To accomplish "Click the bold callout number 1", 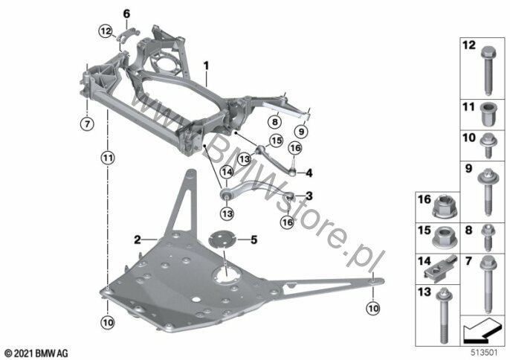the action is [x=206, y=65].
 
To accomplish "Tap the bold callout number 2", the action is [x=138, y=240].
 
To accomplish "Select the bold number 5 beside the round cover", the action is [x=254, y=240].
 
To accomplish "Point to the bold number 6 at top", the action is [x=126, y=13].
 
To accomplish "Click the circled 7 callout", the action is [x=87, y=124].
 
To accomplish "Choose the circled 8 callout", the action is [x=275, y=122].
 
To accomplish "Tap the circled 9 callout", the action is [x=301, y=132].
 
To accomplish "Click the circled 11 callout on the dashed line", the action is [x=108, y=158].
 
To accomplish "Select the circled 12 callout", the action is [x=106, y=31].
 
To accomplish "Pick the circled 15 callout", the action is [x=276, y=141].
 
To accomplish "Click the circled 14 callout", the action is [x=227, y=172].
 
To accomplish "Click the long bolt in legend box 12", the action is [x=488, y=71].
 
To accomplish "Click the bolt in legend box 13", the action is [x=444, y=315].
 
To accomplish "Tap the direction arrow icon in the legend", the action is [x=482, y=330].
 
